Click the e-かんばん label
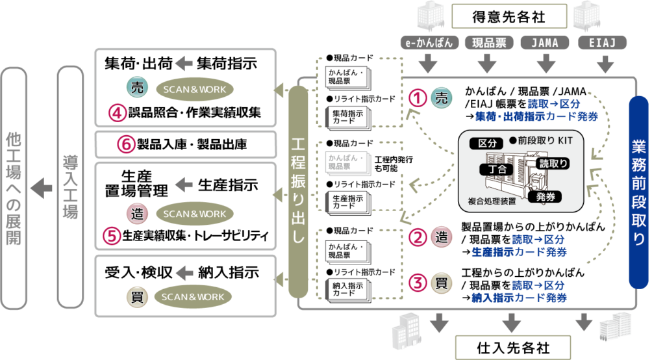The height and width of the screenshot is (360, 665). (x=428, y=43)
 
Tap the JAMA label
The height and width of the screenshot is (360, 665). (x=546, y=43)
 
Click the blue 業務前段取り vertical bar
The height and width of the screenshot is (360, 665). (x=639, y=192)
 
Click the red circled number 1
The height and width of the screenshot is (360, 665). (x=419, y=98)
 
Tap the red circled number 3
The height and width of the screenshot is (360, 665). (x=420, y=283)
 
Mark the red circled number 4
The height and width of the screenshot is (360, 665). (x=117, y=114)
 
